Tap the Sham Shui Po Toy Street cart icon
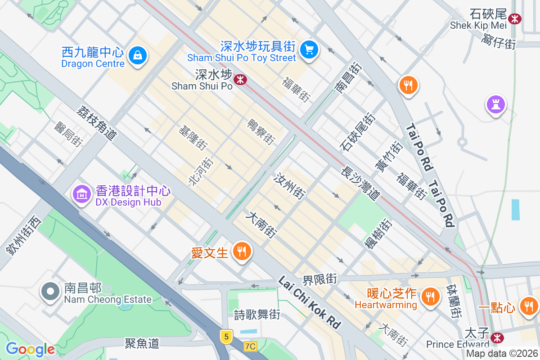[x=309, y=49]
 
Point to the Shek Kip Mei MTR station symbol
[x=514, y=19]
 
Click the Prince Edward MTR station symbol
[x=497, y=337]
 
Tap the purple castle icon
[x=495, y=105]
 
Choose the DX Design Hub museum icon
[x=81, y=194]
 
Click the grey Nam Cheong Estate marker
[x=50, y=292]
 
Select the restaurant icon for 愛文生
[x=242, y=251]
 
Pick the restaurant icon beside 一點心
[x=528, y=306]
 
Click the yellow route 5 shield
[x=226, y=336]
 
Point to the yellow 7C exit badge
[x=250, y=346]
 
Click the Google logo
[x=30, y=349]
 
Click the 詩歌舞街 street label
[x=257, y=315]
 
